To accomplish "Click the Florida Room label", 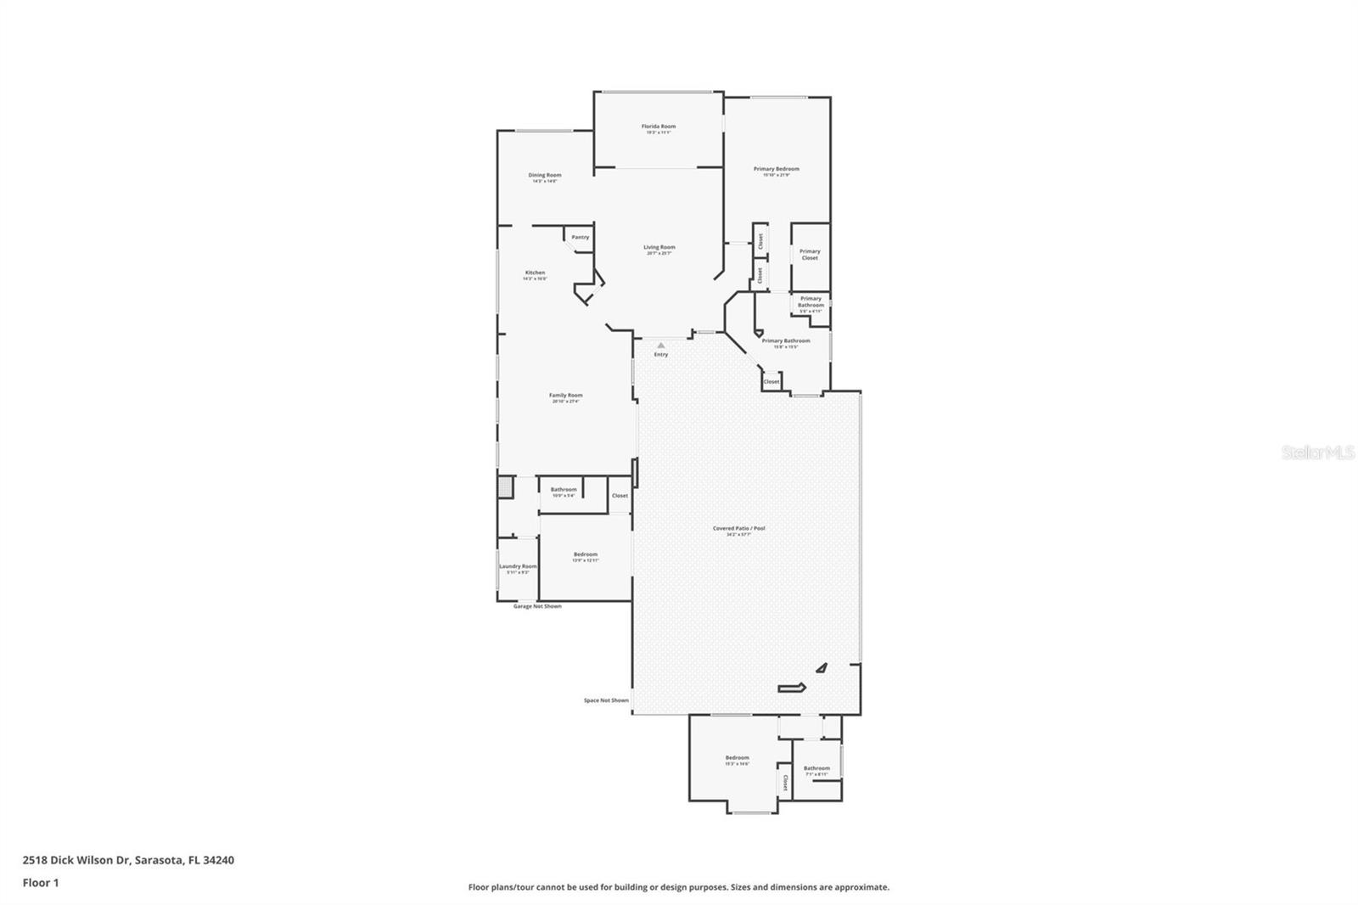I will pos(659,126).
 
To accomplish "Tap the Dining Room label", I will pos(545,175).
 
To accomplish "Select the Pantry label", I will pos(581,238).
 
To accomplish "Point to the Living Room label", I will pos(659,247).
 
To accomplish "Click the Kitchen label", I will pos(535,273).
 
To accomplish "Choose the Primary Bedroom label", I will pos(776,169).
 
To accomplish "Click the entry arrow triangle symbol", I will pos(661,345).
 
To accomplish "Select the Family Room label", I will pos(565,395).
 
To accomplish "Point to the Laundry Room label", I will pos(518,566).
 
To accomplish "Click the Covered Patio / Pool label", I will pos(738,528).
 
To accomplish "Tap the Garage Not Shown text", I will pos(537,606).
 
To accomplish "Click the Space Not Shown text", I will pos(606,700).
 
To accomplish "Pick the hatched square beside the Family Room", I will pos(504,487).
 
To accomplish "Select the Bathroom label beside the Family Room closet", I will pos(564,489).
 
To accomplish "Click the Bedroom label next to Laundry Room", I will pos(585,554).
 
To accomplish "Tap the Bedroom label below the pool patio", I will pos(737,757).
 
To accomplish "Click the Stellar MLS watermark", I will pos(1317,453).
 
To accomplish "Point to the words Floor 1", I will pos(41,883).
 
